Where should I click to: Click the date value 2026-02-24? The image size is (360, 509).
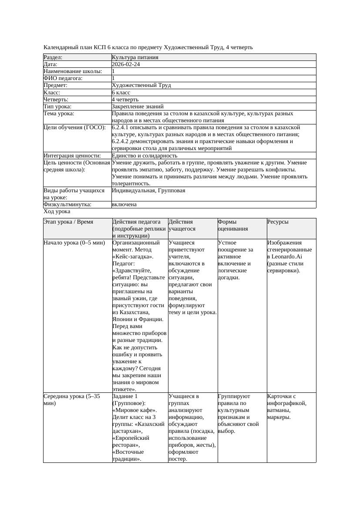(x=126, y=64)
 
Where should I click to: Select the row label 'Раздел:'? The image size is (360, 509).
(x=53, y=57)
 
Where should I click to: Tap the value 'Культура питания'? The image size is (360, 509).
(x=135, y=57)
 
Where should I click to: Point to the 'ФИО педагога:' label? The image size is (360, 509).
(x=63, y=78)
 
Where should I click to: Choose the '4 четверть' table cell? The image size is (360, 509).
(x=125, y=99)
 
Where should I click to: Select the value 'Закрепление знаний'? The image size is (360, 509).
(x=138, y=106)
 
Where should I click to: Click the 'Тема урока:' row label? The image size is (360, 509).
(x=59, y=113)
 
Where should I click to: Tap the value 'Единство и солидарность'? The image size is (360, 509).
(x=145, y=155)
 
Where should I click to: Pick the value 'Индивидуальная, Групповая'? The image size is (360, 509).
(x=148, y=191)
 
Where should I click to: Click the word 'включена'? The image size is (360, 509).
(x=124, y=204)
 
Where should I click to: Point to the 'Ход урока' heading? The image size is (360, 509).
(x=57, y=211)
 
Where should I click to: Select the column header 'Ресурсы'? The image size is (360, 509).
(x=278, y=222)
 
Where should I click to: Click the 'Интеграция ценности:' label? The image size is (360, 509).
(x=72, y=155)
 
